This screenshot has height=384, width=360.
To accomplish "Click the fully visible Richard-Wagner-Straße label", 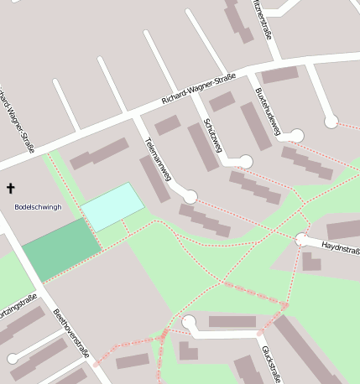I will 198,92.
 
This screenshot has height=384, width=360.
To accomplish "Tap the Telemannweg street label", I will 158,158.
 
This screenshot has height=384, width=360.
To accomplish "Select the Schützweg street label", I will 211,136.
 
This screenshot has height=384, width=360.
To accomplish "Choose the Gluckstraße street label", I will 270,362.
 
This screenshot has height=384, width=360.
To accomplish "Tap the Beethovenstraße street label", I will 70,333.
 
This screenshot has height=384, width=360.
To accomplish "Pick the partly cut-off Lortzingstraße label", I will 15,320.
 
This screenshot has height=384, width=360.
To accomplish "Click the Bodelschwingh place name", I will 38,206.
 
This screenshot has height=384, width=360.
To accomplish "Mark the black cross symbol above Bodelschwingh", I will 11,189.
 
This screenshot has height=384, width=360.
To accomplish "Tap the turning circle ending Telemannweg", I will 190,197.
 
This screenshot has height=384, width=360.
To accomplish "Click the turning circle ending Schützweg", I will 245,161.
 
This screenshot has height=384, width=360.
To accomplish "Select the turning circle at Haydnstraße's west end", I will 301,240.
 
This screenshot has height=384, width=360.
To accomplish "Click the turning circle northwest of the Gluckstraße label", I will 189,322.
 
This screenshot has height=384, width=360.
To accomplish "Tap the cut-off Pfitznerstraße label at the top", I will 263,18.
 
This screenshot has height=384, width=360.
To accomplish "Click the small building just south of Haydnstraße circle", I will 310,262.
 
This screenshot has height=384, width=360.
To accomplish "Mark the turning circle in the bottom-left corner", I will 13,359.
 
